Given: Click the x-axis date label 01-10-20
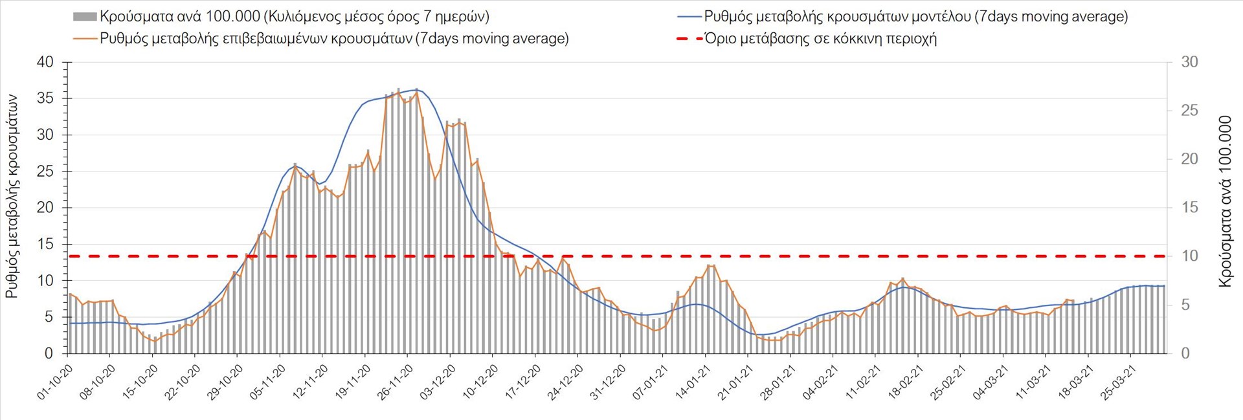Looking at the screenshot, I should point(54,382).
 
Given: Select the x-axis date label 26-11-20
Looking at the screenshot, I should point(395,382).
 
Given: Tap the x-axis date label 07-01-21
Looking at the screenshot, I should point(650,382).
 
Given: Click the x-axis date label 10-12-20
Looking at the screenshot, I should point(480,382).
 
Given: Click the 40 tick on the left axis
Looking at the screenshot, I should point(45,62).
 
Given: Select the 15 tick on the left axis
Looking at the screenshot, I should point(45,244).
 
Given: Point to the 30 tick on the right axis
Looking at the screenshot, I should point(1189,62).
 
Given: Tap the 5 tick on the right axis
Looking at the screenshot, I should point(1185,305).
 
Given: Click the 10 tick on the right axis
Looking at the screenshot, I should point(1189,256).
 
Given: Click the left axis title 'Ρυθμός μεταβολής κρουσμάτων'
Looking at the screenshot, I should point(12,196).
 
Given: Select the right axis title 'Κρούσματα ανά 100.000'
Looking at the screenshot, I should point(1225,201).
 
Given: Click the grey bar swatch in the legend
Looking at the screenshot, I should point(85,17).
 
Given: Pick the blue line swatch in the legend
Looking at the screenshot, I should point(689,17).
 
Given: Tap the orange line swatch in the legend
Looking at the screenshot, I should point(85,39).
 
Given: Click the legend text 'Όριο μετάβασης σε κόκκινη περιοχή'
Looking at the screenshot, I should point(820,39).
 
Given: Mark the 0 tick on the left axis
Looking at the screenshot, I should point(49,353).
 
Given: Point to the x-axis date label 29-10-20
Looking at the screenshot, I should point(225,382).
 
